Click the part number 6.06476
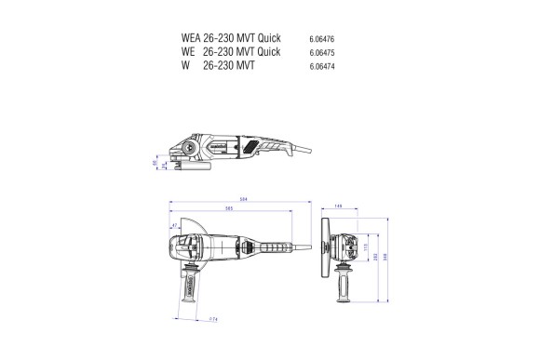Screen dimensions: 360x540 [321, 39]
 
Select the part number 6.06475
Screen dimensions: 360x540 [321, 53]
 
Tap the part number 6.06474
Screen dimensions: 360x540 [321, 67]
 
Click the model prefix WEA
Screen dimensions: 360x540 [191, 38]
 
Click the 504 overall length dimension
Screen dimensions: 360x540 [243, 199]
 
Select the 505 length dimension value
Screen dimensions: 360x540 [229, 209]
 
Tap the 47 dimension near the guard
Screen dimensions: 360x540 [174, 226]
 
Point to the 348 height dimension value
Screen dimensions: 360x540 [387, 258]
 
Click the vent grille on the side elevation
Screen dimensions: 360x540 [253, 146]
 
